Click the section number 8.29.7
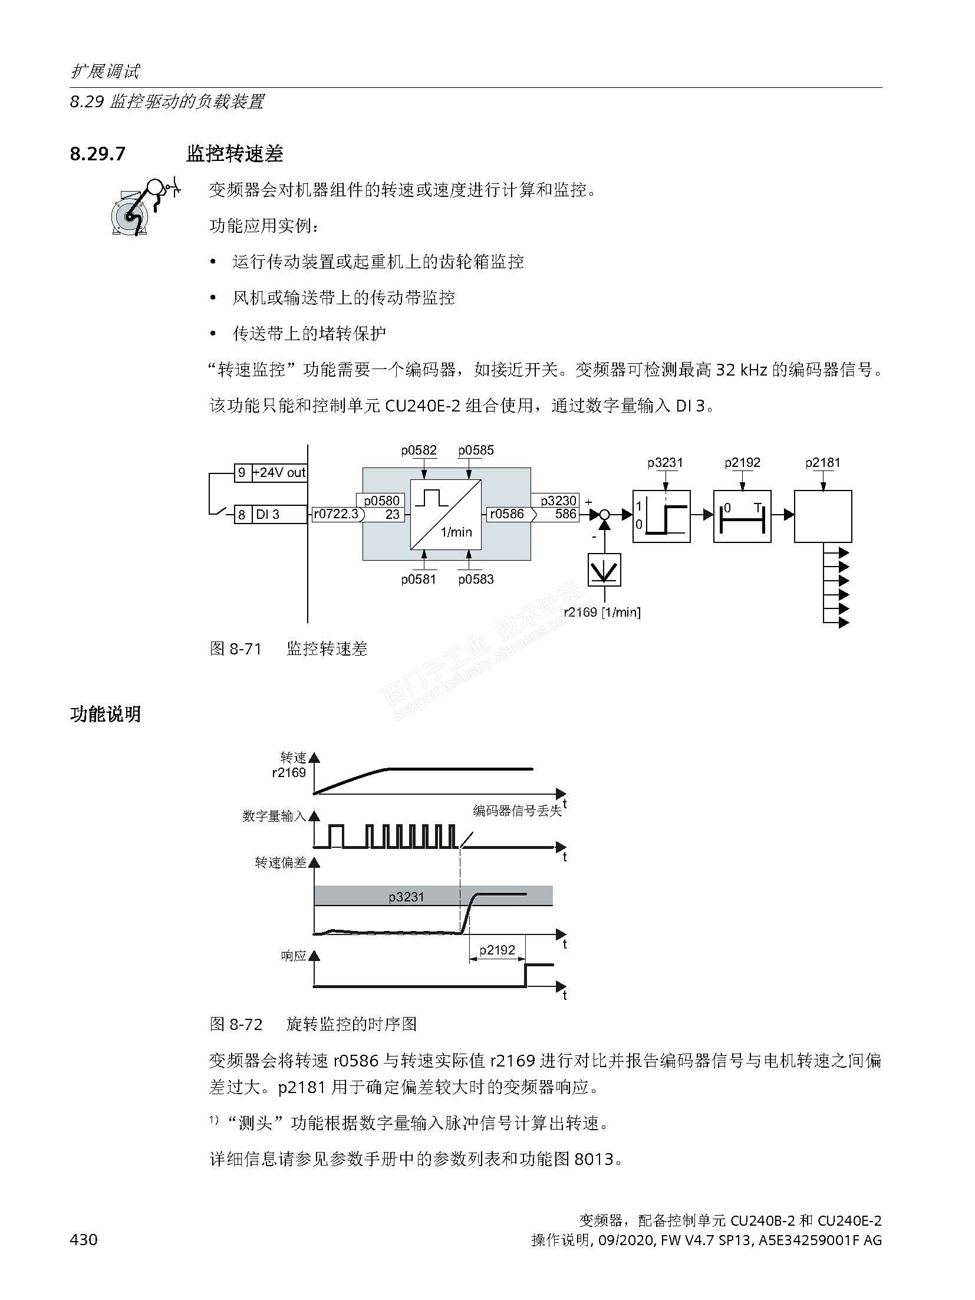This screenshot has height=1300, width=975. coord(97,154)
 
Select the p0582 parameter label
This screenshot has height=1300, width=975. coord(419,450)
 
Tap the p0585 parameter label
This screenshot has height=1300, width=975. coord(476,450)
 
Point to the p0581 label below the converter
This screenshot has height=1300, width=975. coord(419,579)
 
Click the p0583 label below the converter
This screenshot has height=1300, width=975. coord(476,579)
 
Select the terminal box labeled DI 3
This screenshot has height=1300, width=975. coord(279,515)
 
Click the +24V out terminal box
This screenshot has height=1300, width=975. coord(279,472)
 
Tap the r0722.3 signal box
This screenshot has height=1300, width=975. coord(336,514)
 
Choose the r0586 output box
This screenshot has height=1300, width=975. coord(509,514)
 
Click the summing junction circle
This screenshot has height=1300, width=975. coord(604,515)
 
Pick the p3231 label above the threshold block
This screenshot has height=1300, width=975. coord(665,463)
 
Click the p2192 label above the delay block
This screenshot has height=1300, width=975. coord(742,463)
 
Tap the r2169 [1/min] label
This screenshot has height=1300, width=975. coord(602,612)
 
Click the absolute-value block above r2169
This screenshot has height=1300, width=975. coord(604,570)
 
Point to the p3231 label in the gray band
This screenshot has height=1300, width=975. coord(406,897)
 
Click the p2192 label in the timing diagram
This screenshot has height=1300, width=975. coord(497,950)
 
